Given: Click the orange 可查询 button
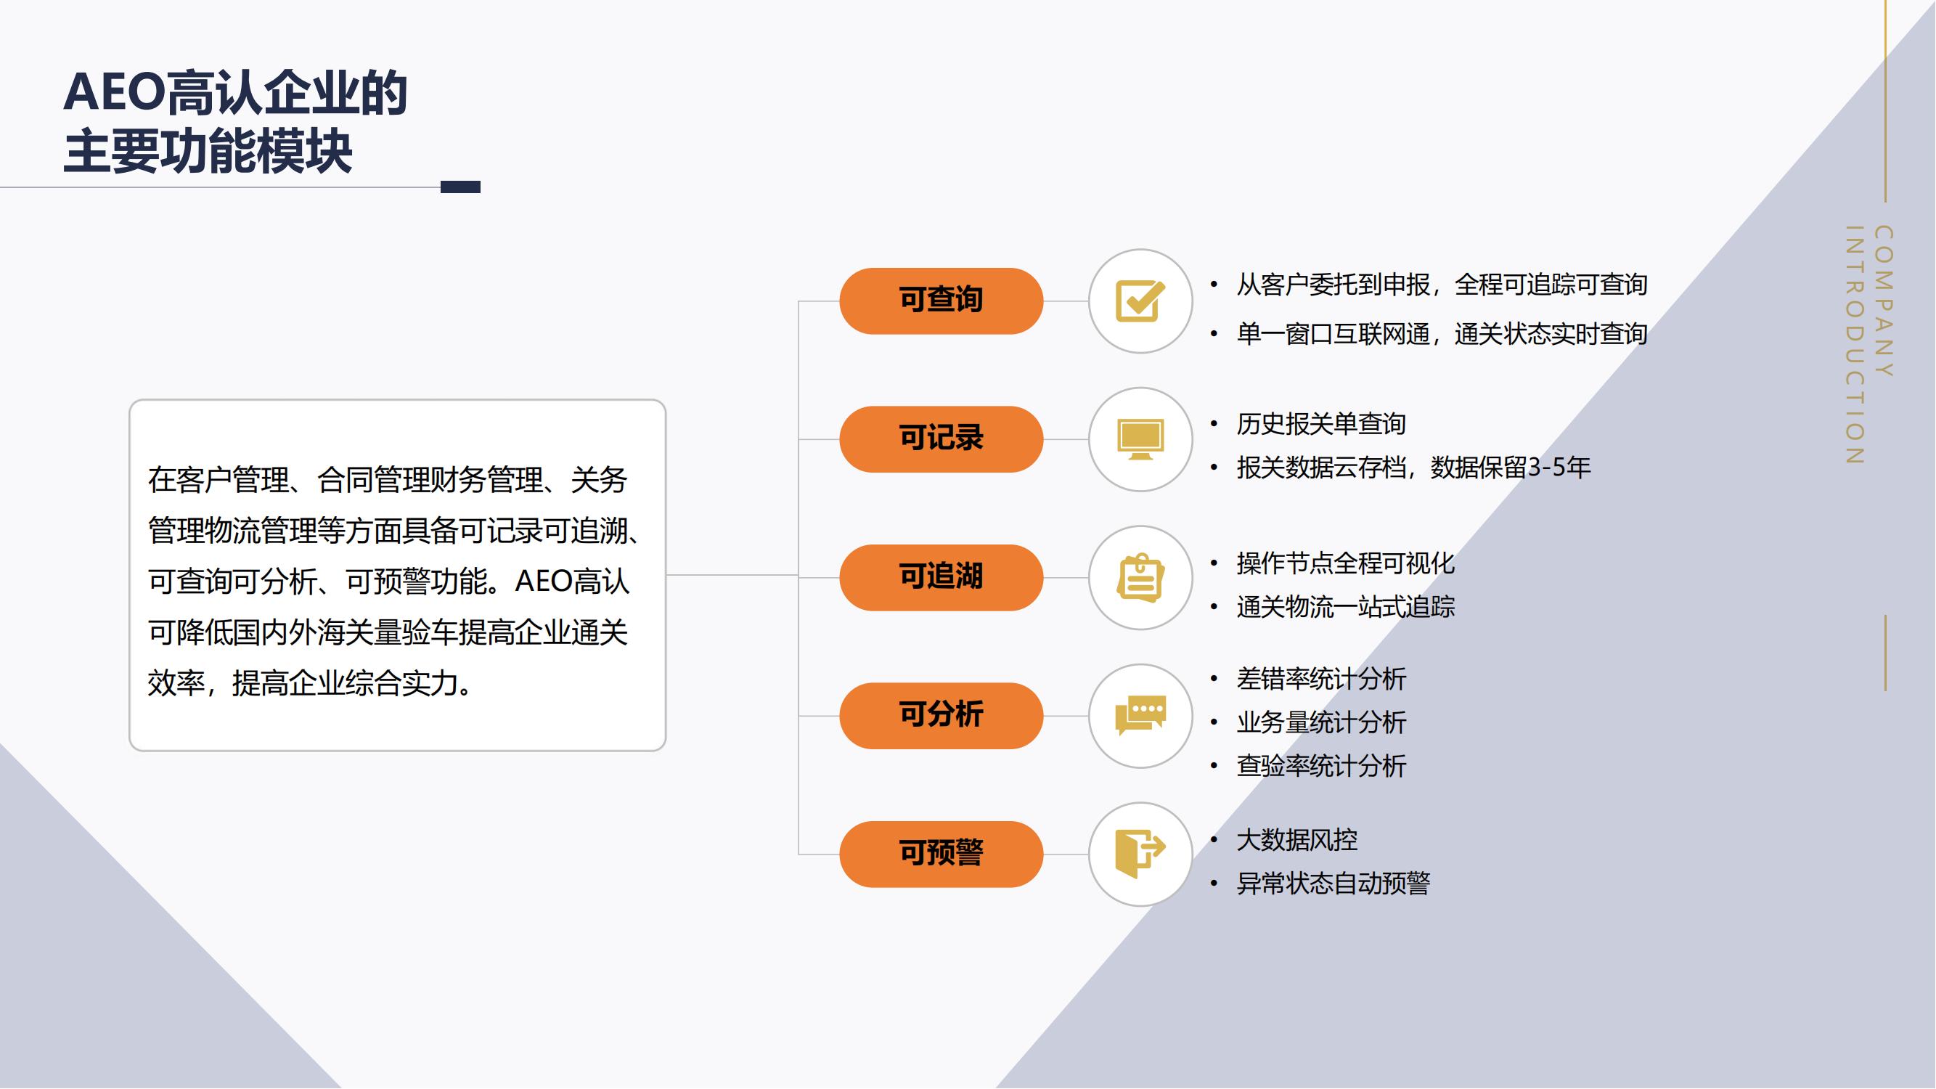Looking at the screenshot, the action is point(941,301).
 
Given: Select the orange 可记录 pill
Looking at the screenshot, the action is point(941,439).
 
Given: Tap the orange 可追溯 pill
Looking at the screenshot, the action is point(941,577).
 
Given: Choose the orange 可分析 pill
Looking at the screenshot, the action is point(941,716).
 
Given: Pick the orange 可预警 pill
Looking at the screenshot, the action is point(941,854).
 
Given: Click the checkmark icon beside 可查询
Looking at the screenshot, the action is point(1140,301).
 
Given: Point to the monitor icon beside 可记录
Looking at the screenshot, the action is point(1140,439).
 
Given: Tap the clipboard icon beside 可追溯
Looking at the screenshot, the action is point(1140,577).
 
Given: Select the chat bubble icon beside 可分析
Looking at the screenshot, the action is point(1140,716).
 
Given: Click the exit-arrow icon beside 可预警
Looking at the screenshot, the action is point(1140,854).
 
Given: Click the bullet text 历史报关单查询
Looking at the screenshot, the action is point(1321,424).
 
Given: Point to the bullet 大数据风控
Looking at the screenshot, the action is point(1297,839).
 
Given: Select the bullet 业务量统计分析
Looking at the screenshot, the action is point(1321,722).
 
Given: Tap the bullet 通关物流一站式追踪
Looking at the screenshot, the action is point(1345,606).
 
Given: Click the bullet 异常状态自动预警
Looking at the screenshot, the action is point(1333,883).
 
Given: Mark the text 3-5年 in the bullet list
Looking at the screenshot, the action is point(1559,468).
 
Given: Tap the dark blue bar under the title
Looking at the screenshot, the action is point(460,187).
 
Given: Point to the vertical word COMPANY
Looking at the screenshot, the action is point(1884,301).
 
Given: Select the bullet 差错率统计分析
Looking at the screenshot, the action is point(1321,679).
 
